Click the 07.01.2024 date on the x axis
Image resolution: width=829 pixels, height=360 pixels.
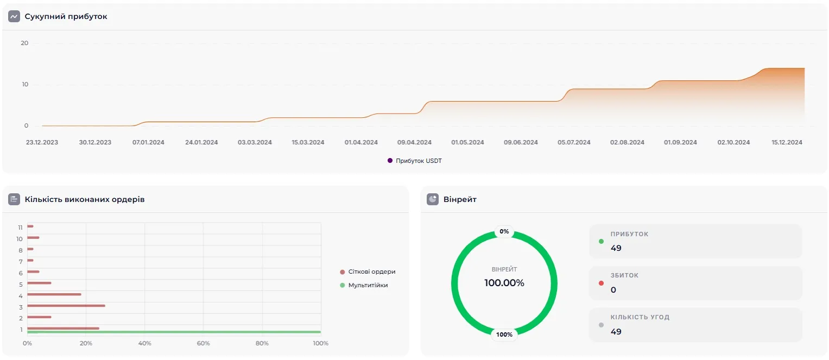[148, 142]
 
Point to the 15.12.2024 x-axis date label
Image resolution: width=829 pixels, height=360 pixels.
[787, 142]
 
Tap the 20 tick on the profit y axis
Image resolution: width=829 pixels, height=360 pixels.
[24, 43]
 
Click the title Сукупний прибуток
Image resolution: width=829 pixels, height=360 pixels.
[66, 17]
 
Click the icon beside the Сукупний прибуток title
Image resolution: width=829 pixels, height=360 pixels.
[14, 17]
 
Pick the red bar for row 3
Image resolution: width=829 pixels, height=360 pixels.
[66, 306]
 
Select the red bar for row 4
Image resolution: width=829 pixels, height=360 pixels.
[54, 294]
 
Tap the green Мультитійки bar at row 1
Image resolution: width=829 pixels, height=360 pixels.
[174, 332]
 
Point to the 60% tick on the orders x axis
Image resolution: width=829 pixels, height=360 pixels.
[203, 343]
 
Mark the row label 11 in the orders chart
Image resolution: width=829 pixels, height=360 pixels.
[20, 227]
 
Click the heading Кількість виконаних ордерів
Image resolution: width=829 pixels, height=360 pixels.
[85, 199]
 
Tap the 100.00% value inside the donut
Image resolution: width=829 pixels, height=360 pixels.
[504, 283]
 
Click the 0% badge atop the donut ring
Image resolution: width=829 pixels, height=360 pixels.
[504, 231]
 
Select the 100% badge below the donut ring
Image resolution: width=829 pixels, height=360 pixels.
[504, 334]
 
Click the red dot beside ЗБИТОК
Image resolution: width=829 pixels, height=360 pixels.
[601, 283]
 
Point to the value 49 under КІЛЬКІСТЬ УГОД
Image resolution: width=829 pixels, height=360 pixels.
[616, 331]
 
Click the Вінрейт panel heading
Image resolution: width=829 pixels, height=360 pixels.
[460, 199]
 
